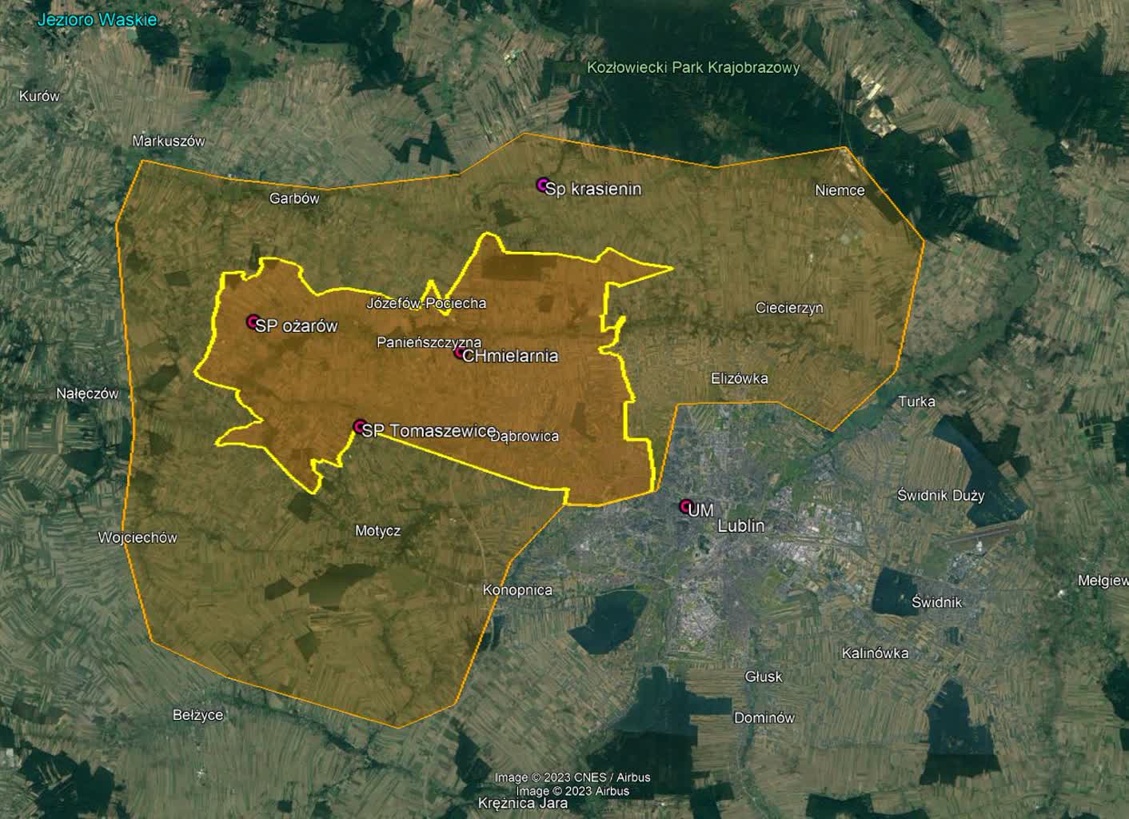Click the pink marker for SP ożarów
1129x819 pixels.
253,322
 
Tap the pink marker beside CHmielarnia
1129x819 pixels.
460,353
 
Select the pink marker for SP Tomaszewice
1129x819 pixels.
360,426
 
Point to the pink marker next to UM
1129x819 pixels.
685,505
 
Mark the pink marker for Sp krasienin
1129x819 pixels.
543,186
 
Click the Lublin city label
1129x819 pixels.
740,525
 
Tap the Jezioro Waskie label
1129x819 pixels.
98,20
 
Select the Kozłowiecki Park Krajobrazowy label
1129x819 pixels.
693,68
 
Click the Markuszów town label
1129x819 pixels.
169,142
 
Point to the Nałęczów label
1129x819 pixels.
87,394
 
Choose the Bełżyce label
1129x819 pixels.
198,715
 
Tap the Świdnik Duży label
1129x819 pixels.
940,495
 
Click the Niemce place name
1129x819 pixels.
840,190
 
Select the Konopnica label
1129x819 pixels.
517,590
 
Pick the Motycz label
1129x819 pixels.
377,530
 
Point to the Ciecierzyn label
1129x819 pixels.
789,308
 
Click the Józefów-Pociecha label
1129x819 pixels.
426,303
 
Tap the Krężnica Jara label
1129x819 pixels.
523,803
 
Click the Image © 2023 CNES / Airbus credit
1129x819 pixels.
572,777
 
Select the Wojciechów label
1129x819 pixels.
138,537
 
